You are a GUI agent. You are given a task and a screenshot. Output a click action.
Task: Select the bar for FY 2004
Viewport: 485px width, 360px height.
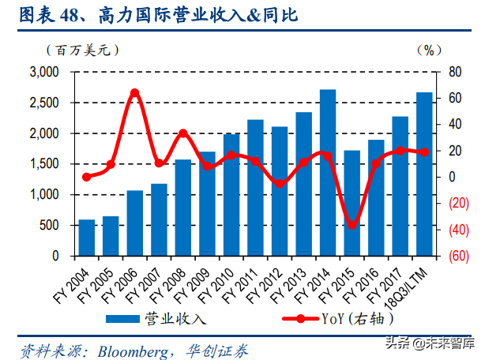(87, 238)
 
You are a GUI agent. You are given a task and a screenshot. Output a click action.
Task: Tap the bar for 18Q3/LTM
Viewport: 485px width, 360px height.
(424, 174)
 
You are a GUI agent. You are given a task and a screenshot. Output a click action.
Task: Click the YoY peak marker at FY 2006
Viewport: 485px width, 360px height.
(134, 92)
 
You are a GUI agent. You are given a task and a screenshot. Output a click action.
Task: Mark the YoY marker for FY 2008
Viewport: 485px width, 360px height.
(183, 133)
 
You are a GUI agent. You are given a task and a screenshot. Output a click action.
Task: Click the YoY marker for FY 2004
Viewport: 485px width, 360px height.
(87, 177)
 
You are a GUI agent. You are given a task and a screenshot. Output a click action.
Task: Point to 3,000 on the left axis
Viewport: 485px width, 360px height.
(44, 72)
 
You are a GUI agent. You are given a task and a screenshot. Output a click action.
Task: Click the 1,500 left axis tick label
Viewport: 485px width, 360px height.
(44, 164)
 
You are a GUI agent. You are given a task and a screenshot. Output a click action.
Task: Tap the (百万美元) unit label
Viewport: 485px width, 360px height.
(86, 50)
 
